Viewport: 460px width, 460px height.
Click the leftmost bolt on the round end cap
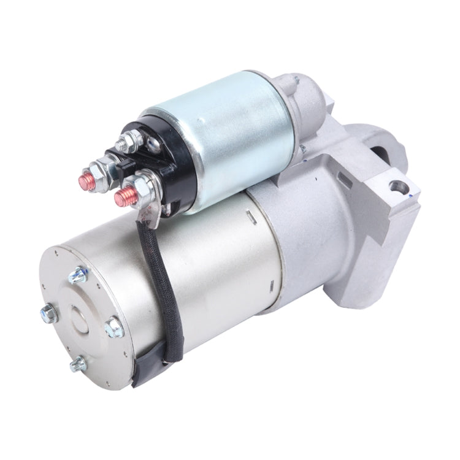tap(48, 315)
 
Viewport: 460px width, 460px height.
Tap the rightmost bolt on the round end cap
tap(114, 328)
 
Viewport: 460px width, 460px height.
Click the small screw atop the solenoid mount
tap(296, 80)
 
